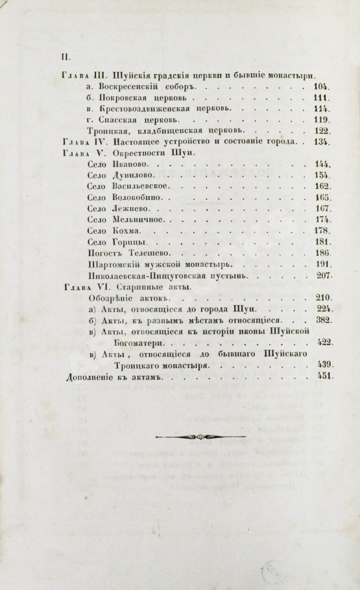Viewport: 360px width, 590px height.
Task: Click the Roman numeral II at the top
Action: pyautogui.click(x=65, y=56)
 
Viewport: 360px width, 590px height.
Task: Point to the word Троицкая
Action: pyautogui.click(x=108, y=131)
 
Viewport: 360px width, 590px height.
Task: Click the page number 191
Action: pyautogui.click(x=322, y=265)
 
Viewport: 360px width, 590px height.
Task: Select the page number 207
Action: pyautogui.click(x=322, y=276)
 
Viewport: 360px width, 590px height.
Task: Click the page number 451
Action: pyautogui.click(x=322, y=377)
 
